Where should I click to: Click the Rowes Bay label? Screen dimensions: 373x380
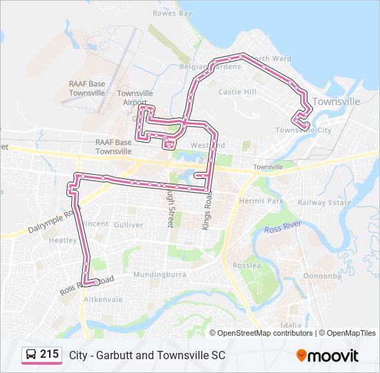pos(173,13)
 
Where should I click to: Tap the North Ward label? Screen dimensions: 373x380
pos(272,59)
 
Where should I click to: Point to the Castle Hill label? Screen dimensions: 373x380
pos(237,91)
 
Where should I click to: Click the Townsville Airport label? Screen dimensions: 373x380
pos(135,98)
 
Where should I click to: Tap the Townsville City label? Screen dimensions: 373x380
pos(303,130)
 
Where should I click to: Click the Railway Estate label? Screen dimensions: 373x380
pos(324,202)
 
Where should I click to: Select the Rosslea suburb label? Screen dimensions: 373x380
pos(247,265)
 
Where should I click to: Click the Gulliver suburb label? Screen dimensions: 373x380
pos(129,224)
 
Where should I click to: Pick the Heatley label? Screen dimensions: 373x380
pos(62,240)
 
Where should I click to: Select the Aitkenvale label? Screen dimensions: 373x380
pos(102,300)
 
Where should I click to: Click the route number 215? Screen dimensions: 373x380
pos(49,354)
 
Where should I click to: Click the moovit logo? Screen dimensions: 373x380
pos(327,356)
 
